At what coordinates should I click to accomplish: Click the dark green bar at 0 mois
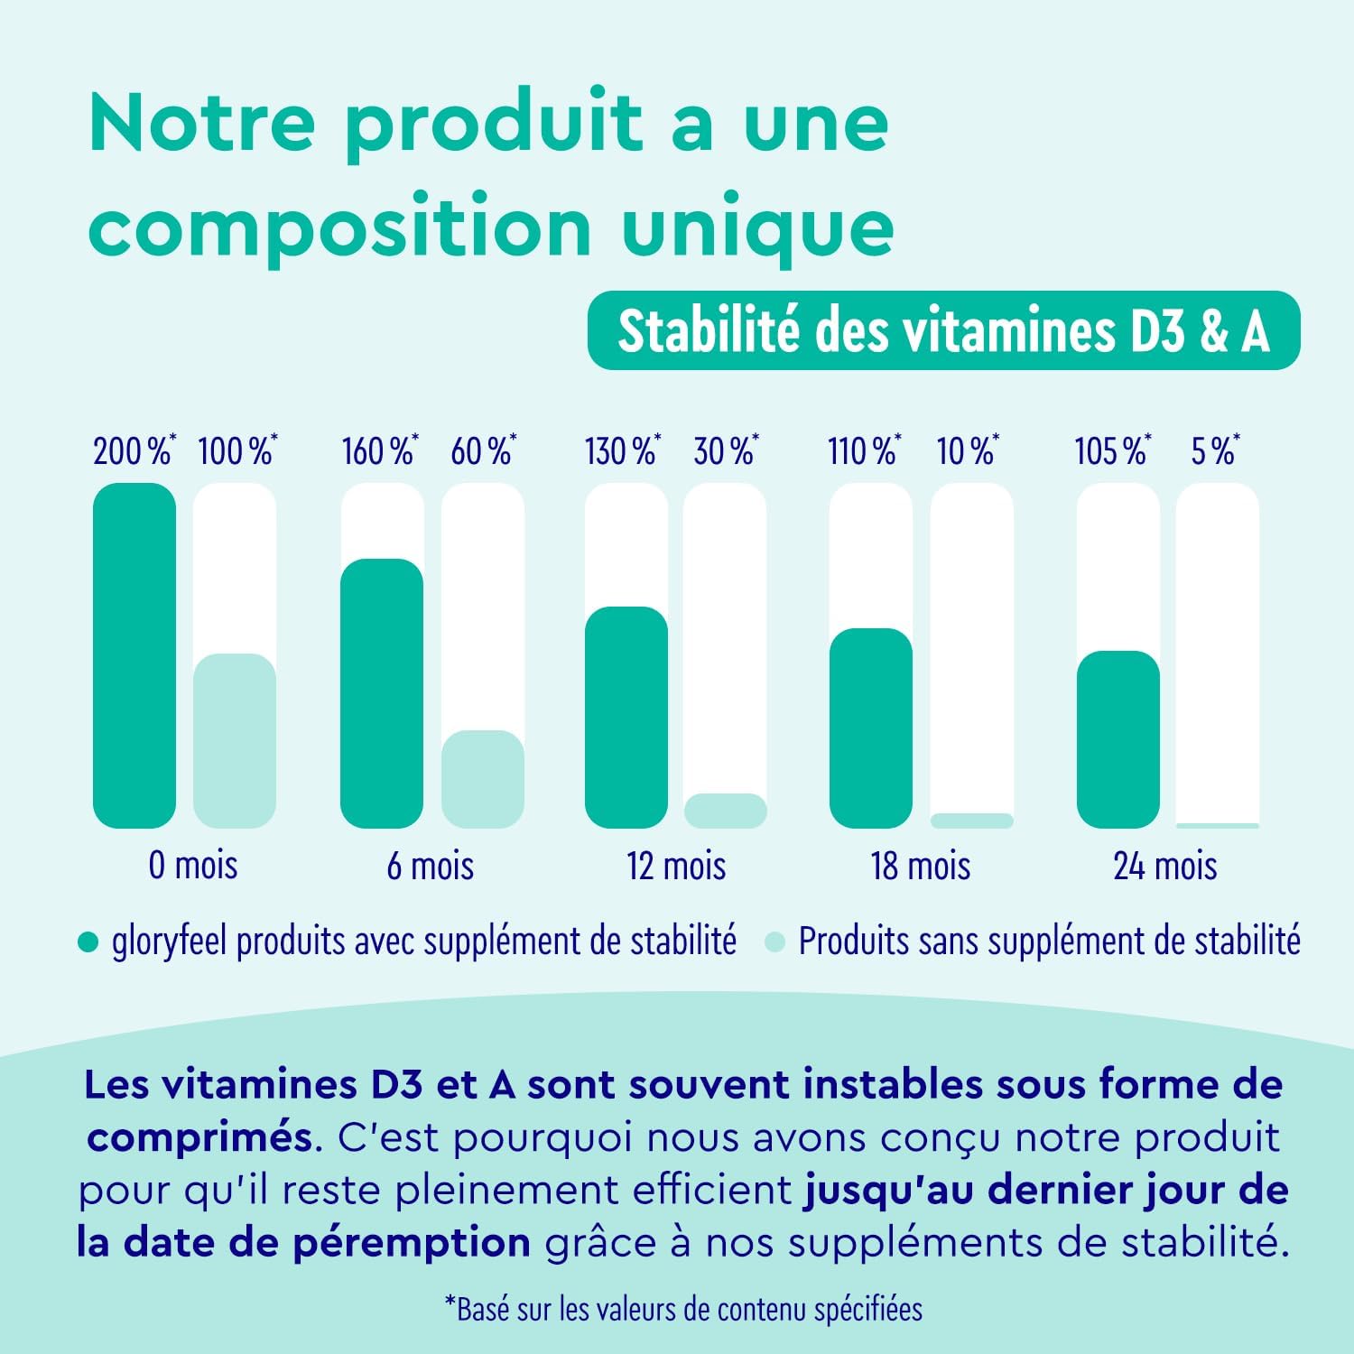[x=134, y=655]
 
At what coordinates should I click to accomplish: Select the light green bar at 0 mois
[x=235, y=740]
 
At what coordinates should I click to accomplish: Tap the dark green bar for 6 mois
[x=382, y=693]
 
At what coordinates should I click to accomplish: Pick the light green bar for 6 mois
[x=483, y=779]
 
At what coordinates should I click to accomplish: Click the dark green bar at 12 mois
[x=626, y=718]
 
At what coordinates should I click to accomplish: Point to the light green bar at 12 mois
[x=725, y=811]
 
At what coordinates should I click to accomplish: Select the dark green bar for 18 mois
[x=871, y=728]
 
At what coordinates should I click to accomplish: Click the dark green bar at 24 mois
[x=1118, y=739]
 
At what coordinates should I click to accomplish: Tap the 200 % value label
[x=134, y=450]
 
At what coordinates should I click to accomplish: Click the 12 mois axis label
[x=676, y=867]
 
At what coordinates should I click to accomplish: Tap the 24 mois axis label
[x=1165, y=867]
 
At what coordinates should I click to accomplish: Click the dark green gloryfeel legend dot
[x=88, y=942]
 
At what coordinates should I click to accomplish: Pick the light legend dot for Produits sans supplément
[x=774, y=942]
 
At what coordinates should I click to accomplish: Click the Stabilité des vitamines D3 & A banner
[x=943, y=330]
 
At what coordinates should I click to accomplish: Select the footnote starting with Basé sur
[x=683, y=1309]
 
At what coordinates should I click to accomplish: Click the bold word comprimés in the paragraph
[x=199, y=1137]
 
